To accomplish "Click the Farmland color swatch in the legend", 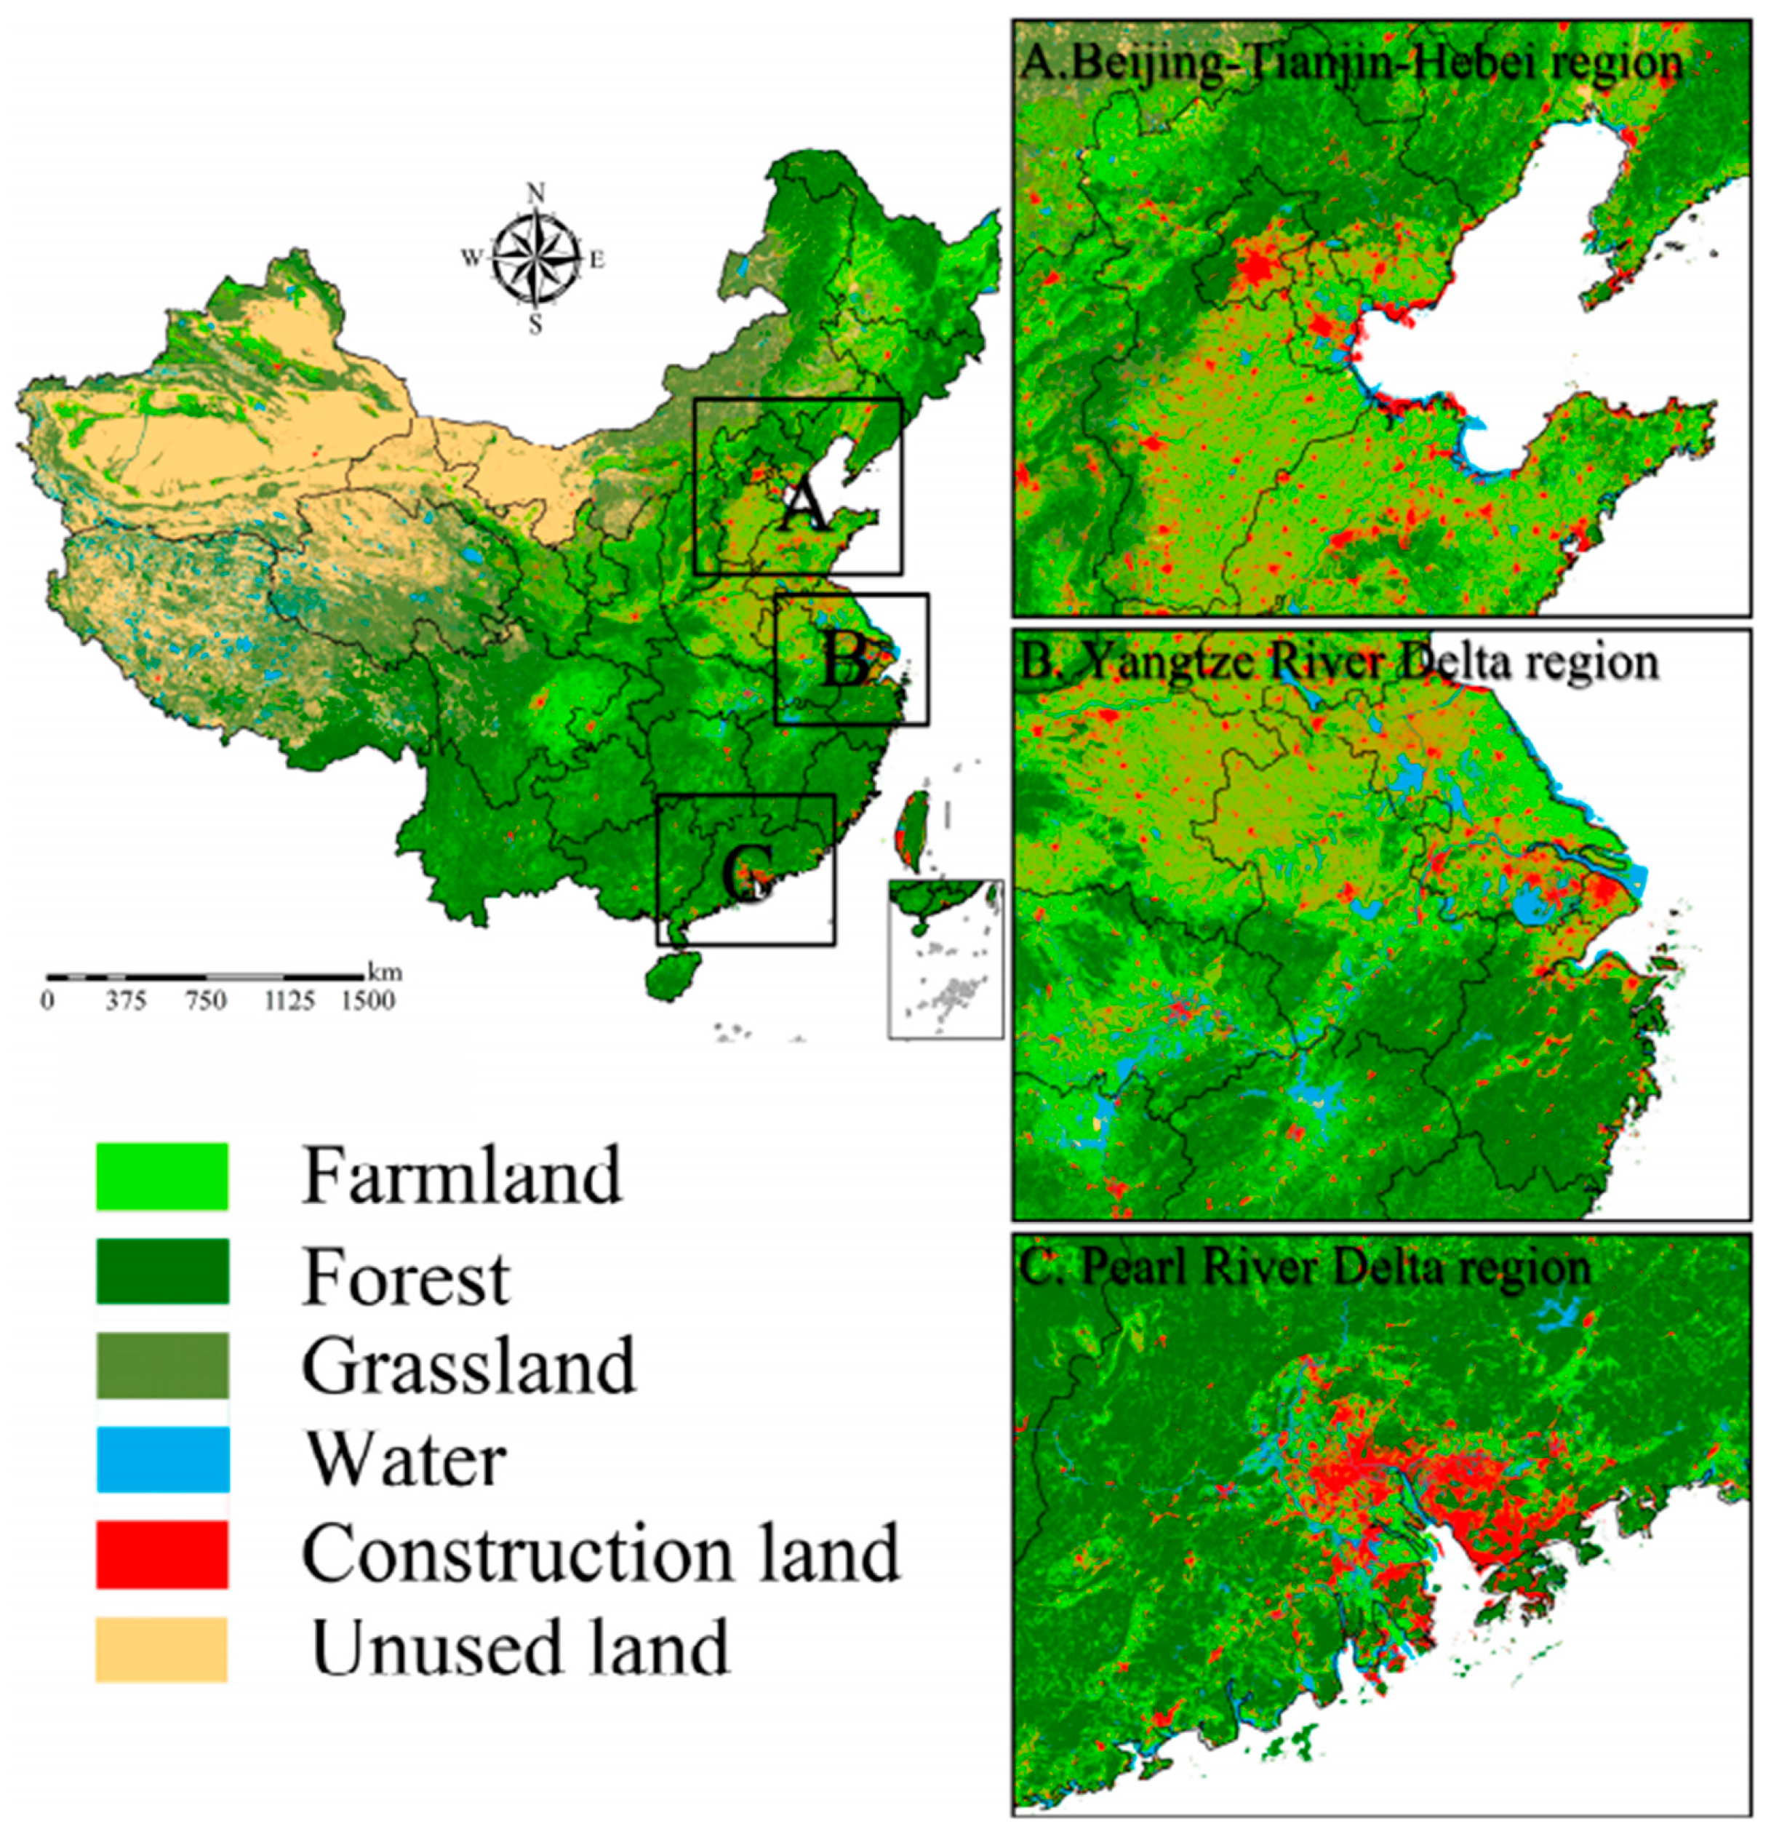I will point(162,1176).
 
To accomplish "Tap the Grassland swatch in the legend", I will point(162,1365).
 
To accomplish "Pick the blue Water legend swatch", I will point(162,1459).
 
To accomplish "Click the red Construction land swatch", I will point(162,1554).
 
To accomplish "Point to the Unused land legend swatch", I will point(162,1649).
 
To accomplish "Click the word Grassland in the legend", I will point(468,1367).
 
